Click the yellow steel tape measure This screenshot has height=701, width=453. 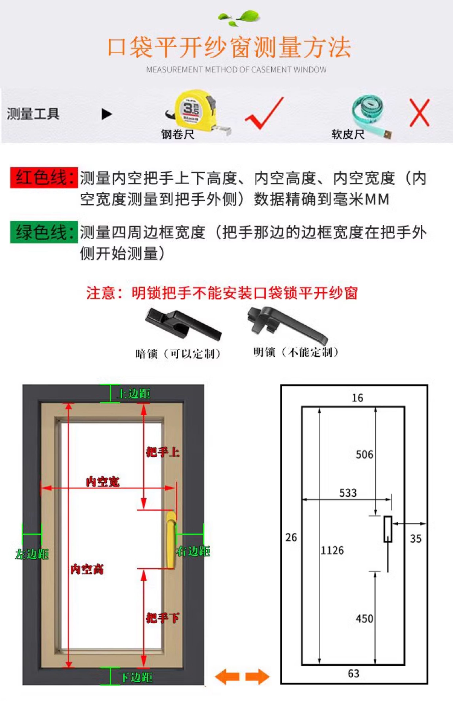[194, 110]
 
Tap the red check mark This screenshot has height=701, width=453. [264, 113]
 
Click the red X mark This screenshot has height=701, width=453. [419, 113]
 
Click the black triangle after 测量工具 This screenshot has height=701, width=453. [106, 114]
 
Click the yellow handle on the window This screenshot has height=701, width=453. [171, 540]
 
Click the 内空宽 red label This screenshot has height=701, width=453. [103, 482]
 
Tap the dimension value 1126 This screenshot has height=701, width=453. [332, 550]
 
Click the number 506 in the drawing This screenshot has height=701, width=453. [364, 455]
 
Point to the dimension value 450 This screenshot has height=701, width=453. [364, 619]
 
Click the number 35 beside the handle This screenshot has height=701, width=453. [416, 539]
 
